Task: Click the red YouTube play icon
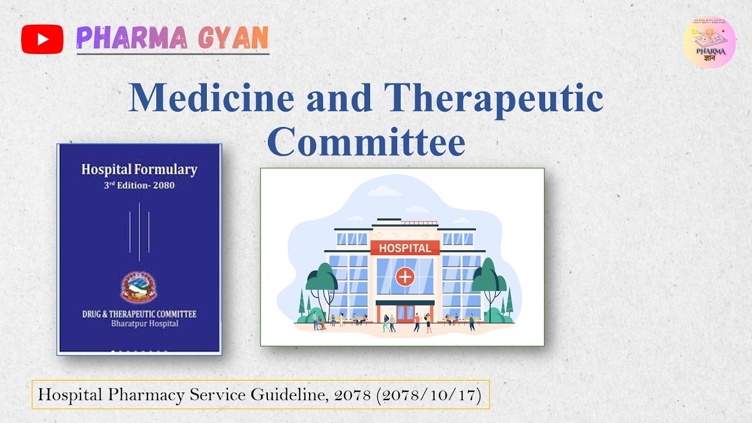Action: (42, 39)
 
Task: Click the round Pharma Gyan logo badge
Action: (710, 42)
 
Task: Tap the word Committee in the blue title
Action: (366, 142)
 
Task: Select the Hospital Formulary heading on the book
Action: (139, 170)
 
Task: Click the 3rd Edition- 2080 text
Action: (139, 186)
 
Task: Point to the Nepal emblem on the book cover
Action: (139, 287)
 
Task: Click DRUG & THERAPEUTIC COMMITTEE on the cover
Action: (139, 314)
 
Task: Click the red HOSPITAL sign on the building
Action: (405, 248)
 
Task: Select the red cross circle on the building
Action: (405, 276)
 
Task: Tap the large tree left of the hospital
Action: (321, 282)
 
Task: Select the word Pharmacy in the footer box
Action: (147, 395)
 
